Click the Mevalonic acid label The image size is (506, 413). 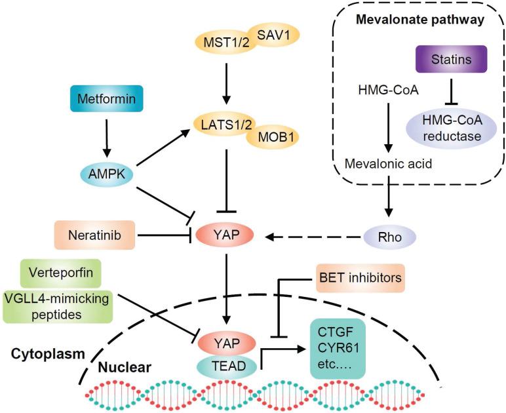(388, 165)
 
